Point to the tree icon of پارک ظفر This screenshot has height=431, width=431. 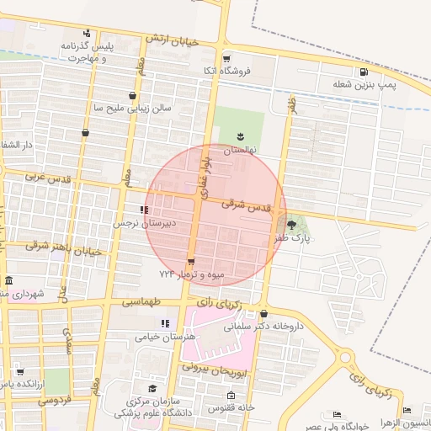pyautogui.click(x=292, y=224)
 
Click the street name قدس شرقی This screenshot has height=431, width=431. pyautogui.click(x=247, y=205)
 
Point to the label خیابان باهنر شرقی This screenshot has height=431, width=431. pyautogui.click(x=63, y=247)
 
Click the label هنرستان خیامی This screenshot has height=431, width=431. pyautogui.click(x=165, y=336)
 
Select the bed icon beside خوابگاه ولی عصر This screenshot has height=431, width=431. pyautogui.click(x=338, y=414)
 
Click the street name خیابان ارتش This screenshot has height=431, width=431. pyautogui.click(x=172, y=40)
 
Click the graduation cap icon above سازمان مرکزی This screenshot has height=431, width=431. pyautogui.click(x=152, y=388)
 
